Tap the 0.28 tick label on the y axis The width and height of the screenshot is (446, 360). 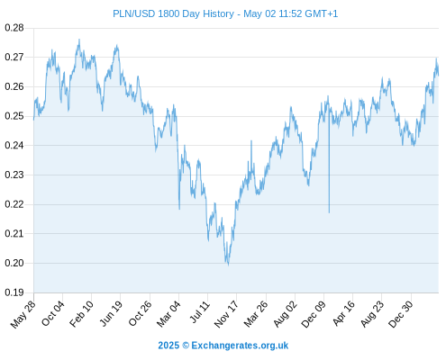click(x=14, y=28)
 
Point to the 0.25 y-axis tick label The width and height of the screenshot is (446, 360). click(x=14, y=116)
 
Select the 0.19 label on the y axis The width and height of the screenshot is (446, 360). click(x=14, y=292)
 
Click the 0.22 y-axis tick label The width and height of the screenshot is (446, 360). click(x=14, y=204)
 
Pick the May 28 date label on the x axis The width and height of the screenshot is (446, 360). click(x=23, y=314)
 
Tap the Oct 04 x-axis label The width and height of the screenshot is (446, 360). click(x=52, y=313)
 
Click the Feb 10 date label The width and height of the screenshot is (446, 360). click(x=81, y=314)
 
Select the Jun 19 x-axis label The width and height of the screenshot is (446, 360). click(x=111, y=313)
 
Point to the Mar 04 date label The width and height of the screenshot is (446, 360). click(x=168, y=314)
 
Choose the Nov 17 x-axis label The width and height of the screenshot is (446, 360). click(x=226, y=314)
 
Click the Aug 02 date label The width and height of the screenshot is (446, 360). click(x=286, y=314)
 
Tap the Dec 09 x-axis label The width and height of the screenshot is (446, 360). click(x=314, y=314)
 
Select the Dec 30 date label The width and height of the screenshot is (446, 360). click(x=401, y=314)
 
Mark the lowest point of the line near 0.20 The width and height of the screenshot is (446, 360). click(x=228, y=265)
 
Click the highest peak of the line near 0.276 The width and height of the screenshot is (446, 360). click(x=79, y=39)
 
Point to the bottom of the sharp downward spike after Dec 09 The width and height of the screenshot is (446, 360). click(x=329, y=212)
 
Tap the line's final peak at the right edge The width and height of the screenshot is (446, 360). click(x=436, y=58)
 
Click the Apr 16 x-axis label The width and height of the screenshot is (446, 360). click(x=343, y=313)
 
